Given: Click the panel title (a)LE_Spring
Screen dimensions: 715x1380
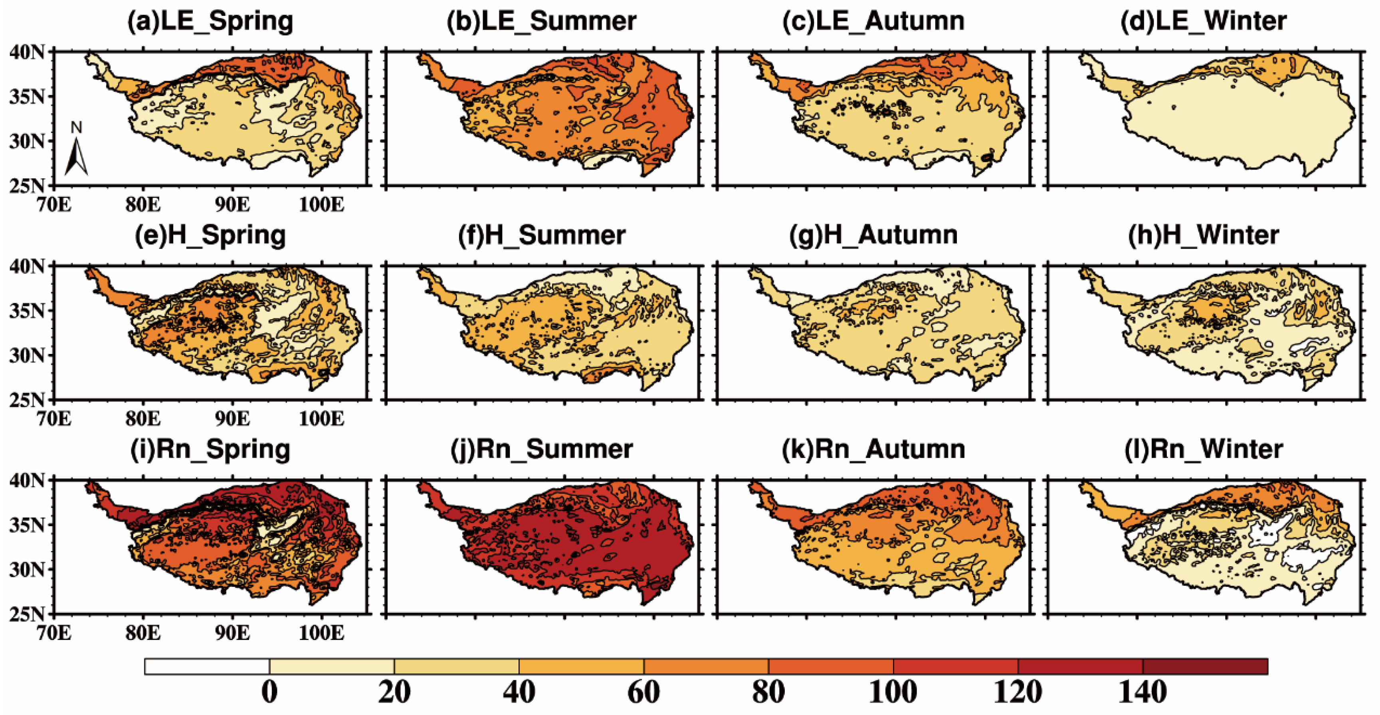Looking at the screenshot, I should (x=210, y=22).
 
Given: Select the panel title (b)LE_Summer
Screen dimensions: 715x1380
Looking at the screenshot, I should (x=542, y=22).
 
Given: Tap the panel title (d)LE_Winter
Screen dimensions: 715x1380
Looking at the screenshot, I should (x=1203, y=22).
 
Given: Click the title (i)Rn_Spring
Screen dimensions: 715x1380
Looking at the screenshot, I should (x=210, y=449).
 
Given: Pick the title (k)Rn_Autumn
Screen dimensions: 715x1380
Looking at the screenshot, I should (x=873, y=449).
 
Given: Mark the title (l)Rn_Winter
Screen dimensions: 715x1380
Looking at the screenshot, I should (x=1203, y=449).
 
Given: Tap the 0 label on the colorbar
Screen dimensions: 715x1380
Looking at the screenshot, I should (x=269, y=692).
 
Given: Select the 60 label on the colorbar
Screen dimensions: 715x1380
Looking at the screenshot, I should (x=643, y=692).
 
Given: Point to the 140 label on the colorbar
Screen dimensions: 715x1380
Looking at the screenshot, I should (x=1142, y=692).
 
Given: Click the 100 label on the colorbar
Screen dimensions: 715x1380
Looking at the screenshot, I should (x=893, y=692).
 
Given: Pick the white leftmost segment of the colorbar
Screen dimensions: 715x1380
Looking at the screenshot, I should (x=207, y=666).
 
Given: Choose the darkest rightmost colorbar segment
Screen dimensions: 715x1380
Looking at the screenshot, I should (x=1205, y=666).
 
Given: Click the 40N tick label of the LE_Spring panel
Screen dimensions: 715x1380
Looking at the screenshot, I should (x=27, y=52).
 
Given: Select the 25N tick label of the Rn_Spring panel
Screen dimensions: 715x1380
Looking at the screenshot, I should (x=27, y=614).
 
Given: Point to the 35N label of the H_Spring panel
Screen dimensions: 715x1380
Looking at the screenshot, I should (x=27, y=311).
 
